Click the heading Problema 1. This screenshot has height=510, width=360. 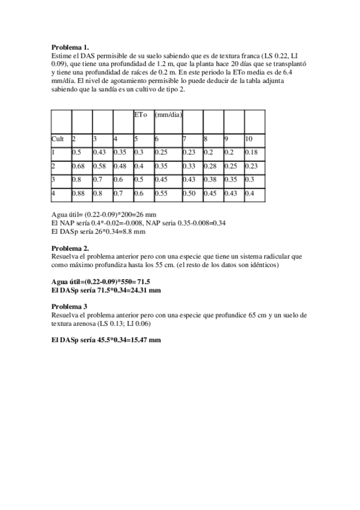70,46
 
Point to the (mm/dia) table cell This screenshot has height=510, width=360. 169,114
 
